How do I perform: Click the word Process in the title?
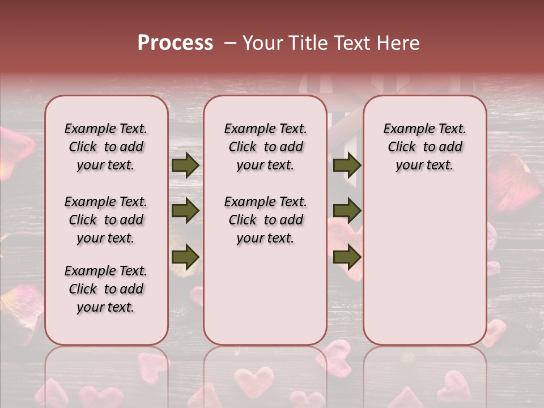pos(175,43)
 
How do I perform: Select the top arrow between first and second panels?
pos(185,165)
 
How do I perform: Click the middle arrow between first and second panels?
pos(185,211)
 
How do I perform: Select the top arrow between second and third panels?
pos(347,165)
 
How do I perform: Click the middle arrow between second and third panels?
pos(347,211)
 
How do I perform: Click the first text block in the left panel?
pos(106,147)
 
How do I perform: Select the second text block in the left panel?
pos(106,220)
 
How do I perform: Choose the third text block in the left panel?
pos(106,289)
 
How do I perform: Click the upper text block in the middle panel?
pos(265,147)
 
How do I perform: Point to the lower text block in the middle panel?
pos(265,220)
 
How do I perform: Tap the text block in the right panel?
pos(424,147)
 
